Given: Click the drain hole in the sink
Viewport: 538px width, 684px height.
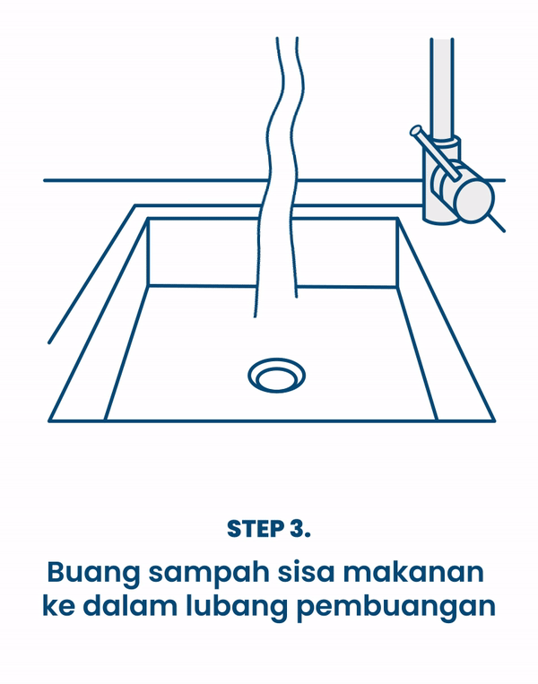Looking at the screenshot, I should [276, 376].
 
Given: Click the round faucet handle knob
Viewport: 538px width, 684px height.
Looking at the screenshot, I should [473, 200].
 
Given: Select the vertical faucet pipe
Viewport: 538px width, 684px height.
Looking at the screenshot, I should [442, 85].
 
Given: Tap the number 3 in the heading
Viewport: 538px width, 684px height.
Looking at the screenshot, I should [298, 529].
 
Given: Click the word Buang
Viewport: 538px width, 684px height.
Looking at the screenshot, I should [87, 572].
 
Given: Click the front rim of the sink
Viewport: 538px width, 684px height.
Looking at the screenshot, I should [269, 420].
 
